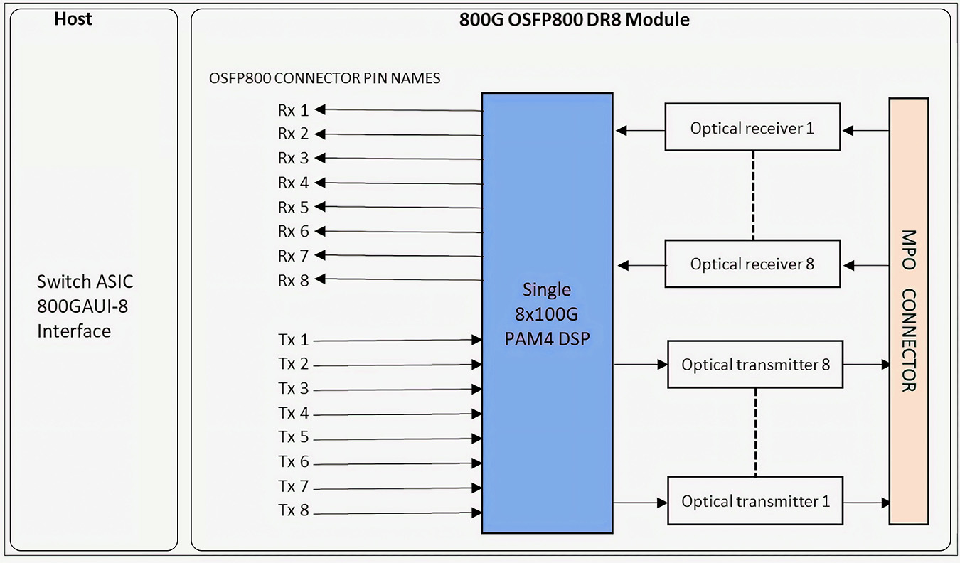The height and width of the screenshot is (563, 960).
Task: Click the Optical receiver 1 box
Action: (752, 127)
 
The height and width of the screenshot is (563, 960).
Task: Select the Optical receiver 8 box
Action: (752, 264)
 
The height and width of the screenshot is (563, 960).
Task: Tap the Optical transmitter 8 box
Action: (756, 365)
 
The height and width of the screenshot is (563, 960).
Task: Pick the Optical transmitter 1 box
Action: (756, 501)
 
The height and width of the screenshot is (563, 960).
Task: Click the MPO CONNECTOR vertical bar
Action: (908, 311)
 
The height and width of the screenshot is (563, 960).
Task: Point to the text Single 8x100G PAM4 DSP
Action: (547, 314)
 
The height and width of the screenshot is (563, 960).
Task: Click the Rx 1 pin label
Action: (293, 110)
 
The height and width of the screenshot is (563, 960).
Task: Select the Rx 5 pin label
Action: (293, 208)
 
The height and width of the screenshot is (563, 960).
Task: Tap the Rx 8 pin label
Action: (293, 280)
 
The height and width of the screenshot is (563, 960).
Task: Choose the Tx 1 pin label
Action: (293, 341)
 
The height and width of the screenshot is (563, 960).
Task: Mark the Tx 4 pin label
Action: (293, 413)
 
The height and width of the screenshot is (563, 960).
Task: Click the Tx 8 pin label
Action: (293, 510)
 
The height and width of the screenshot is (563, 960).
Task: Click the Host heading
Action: (73, 19)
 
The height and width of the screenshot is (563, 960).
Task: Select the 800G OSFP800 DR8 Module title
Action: (575, 19)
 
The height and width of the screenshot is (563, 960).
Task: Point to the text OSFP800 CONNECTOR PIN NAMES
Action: (325, 78)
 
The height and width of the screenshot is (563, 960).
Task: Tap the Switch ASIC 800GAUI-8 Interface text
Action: (85, 306)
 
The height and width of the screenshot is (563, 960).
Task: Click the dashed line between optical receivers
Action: (752, 195)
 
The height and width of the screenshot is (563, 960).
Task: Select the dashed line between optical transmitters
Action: (755, 432)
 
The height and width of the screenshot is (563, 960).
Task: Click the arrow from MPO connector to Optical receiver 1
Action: (865, 130)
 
